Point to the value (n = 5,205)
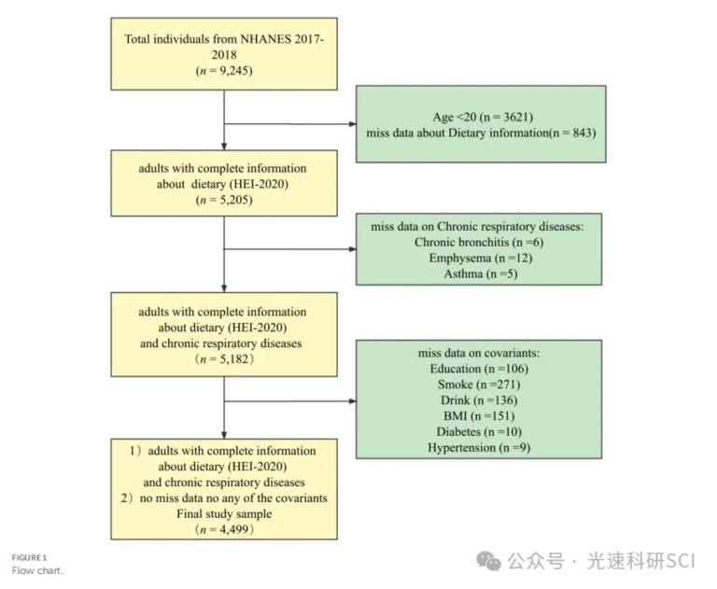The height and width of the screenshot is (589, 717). [224, 200]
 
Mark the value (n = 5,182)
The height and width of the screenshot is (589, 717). [224, 358]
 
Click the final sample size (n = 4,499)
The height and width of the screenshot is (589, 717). [224, 529]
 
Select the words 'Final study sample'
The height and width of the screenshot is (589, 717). [224, 513]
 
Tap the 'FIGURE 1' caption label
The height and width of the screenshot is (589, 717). [29, 557]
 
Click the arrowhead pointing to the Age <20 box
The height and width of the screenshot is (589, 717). [350, 123]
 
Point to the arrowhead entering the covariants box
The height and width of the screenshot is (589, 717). [350, 400]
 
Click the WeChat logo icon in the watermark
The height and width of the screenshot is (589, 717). [488, 560]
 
